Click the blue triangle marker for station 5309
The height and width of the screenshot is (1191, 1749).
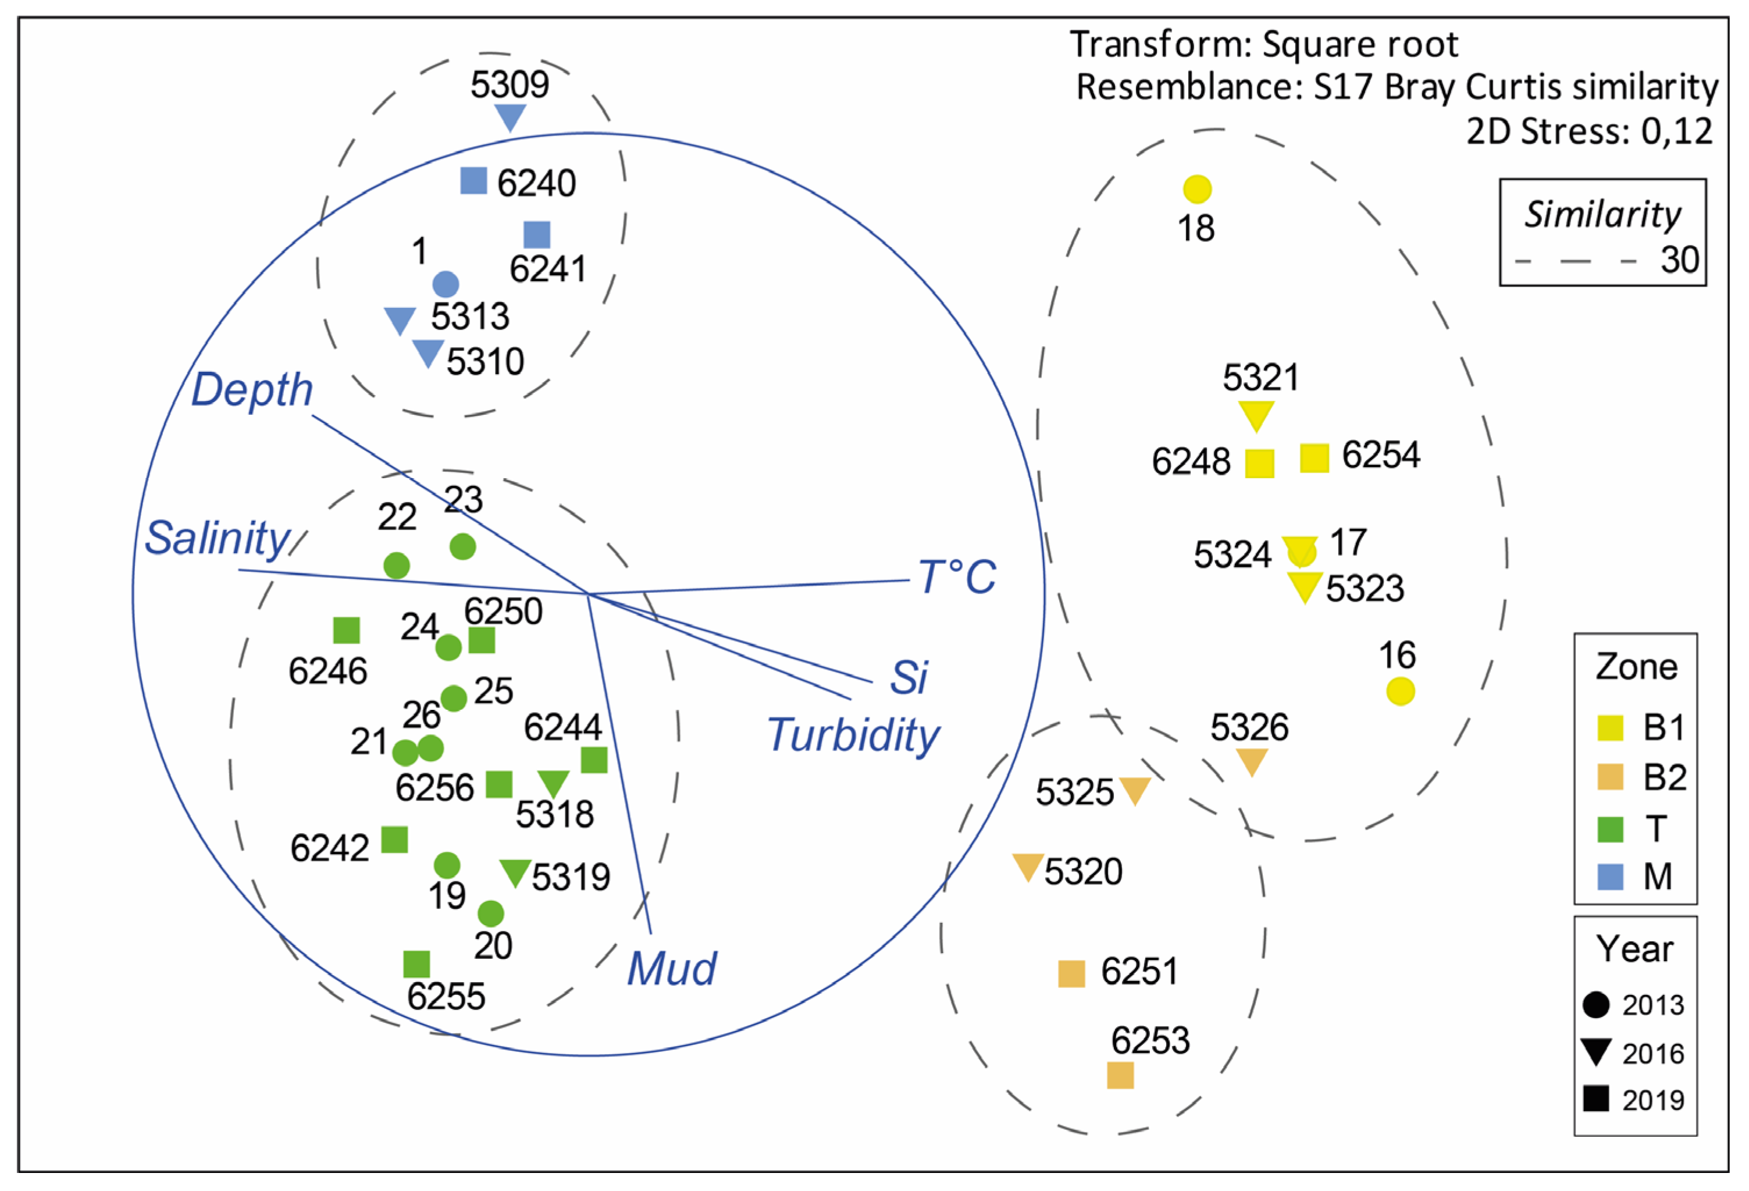click(x=510, y=117)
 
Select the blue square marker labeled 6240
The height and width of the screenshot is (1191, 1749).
click(x=473, y=181)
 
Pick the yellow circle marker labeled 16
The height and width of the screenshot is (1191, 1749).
click(x=1400, y=691)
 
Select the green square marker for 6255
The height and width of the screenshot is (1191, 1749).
click(x=416, y=964)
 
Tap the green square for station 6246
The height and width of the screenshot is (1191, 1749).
click(x=346, y=630)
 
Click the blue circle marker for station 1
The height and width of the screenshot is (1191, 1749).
click(x=446, y=285)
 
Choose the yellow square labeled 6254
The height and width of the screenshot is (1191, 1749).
click(x=1314, y=458)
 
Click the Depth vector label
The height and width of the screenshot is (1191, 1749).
click(x=251, y=390)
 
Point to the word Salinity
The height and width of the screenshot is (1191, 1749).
click(x=217, y=538)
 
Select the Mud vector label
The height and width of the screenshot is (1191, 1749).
click(x=671, y=969)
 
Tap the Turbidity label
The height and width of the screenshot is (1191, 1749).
click(x=853, y=735)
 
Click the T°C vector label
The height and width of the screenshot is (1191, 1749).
click(x=957, y=577)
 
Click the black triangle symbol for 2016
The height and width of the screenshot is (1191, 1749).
click(x=1595, y=1052)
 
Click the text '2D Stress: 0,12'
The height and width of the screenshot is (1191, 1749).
click(x=1590, y=131)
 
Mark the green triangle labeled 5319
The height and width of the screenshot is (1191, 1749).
click(x=515, y=872)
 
